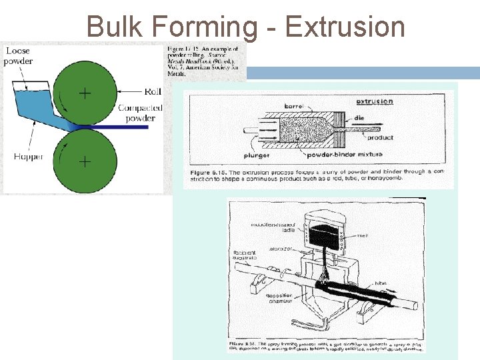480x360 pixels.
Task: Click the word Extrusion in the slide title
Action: pyautogui.click(x=345, y=27)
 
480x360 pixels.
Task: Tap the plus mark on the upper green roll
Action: pyautogui.click(x=85, y=93)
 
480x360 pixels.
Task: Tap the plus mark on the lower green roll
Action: pyautogui.click(x=85, y=161)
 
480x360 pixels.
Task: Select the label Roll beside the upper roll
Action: pyautogui.click(x=153, y=91)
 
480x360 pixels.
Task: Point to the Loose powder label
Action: pyautogui.click(x=18, y=56)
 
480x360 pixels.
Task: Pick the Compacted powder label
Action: pyautogui.click(x=137, y=113)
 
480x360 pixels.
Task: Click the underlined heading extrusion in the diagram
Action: pyautogui.click(x=375, y=102)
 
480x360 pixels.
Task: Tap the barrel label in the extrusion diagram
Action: pyautogui.click(x=294, y=105)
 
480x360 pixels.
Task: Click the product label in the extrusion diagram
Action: pyautogui.click(x=380, y=138)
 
